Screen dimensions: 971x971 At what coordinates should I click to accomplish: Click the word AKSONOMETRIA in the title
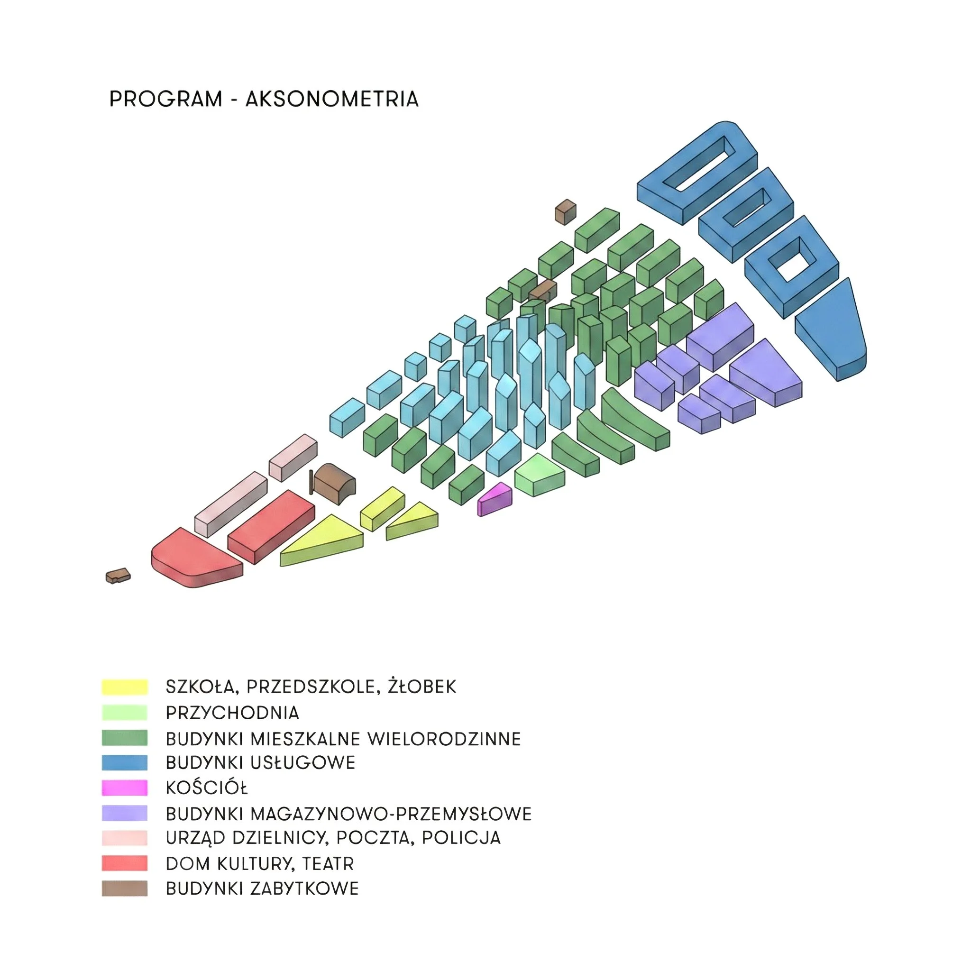point(332,99)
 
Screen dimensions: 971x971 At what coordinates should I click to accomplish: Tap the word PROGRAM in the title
point(166,99)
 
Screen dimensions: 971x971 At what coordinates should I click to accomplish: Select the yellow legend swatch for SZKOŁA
point(125,687)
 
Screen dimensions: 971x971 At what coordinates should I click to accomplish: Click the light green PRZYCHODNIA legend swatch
point(125,713)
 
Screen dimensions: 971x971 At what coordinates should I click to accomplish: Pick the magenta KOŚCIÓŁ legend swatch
point(125,788)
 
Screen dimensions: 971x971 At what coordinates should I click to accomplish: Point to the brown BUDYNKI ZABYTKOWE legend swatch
point(125,889)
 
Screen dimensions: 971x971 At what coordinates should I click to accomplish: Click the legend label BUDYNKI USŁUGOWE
point(260,763)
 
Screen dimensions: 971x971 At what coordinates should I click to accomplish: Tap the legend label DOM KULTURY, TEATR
point(260,863)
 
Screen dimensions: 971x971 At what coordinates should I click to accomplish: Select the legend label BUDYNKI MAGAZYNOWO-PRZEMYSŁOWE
point(348,814)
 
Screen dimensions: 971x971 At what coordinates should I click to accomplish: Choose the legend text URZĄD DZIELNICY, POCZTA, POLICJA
point(333,838)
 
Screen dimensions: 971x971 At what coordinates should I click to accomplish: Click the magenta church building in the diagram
point(495,500)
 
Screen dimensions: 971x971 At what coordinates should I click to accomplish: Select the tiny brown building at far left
point(118,576)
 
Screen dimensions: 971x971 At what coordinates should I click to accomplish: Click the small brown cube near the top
point(566,211)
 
